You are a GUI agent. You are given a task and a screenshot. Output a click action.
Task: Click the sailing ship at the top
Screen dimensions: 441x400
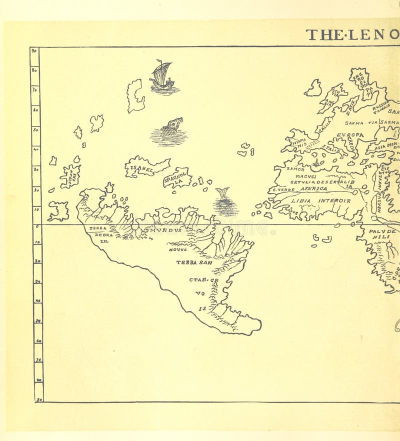[x=162, y=76]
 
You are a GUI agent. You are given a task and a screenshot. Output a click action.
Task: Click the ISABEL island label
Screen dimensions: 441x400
[x=141, y=168]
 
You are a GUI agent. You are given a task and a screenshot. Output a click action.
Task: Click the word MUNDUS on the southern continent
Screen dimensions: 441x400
[x=167, y=230]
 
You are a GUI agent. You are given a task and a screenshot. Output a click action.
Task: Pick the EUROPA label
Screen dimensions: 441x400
[x=349, y=135]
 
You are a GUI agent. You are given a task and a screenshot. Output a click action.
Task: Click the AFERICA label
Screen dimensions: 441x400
[x=313, y=189]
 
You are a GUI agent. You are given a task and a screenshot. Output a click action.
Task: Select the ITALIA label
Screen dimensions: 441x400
[x=330, y=148]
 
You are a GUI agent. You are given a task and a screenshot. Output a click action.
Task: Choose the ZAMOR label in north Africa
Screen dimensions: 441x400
[x=295, y=169]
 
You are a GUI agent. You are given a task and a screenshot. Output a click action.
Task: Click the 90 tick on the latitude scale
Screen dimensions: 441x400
[x=34, y=50]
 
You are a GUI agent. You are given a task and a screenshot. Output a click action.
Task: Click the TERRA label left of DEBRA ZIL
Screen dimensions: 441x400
[x=98, y=228]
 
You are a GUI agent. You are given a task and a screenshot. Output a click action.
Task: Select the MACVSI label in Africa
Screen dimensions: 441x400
[x=306, y=176]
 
